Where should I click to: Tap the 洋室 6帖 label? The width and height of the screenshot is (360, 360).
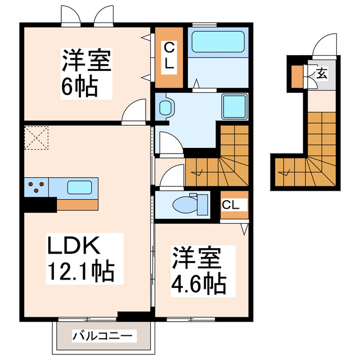[87, 73]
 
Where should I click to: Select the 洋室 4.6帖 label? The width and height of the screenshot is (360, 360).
[199, 270]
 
